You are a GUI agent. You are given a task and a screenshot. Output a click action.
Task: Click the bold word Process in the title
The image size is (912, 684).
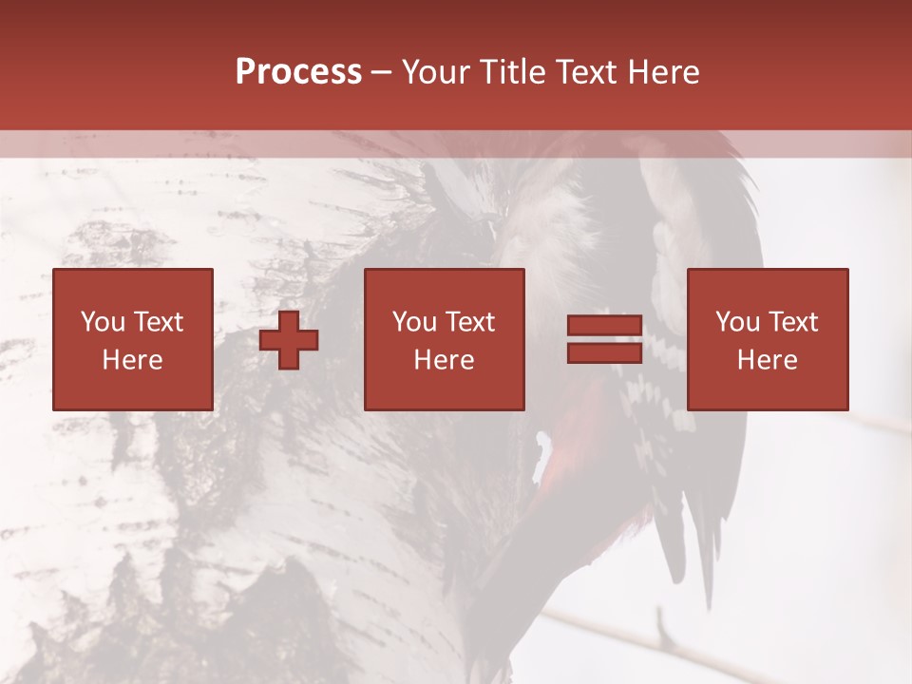[298, 72]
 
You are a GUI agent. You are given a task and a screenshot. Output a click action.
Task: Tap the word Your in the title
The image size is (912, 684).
[436, 72]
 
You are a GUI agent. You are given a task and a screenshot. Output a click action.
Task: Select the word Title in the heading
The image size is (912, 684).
[512, 72]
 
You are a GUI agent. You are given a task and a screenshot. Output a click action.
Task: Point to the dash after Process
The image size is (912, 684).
[381, 73]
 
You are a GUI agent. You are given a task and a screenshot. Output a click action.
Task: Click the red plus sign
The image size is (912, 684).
[289, 340]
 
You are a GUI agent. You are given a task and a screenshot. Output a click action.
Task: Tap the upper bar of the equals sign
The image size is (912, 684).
[604, 326]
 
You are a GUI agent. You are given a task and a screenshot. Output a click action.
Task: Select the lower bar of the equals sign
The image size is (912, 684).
[604, 352]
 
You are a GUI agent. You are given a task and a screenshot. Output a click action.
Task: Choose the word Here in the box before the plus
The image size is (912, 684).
[133, 360]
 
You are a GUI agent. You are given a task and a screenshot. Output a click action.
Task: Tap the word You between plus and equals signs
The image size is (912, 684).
[414, 322]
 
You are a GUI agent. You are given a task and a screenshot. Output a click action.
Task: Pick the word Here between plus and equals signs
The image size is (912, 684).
[445, 360]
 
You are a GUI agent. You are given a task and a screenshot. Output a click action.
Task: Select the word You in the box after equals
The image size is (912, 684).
[737, 322]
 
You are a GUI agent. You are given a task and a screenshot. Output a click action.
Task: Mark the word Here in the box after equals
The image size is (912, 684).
[768, 360]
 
